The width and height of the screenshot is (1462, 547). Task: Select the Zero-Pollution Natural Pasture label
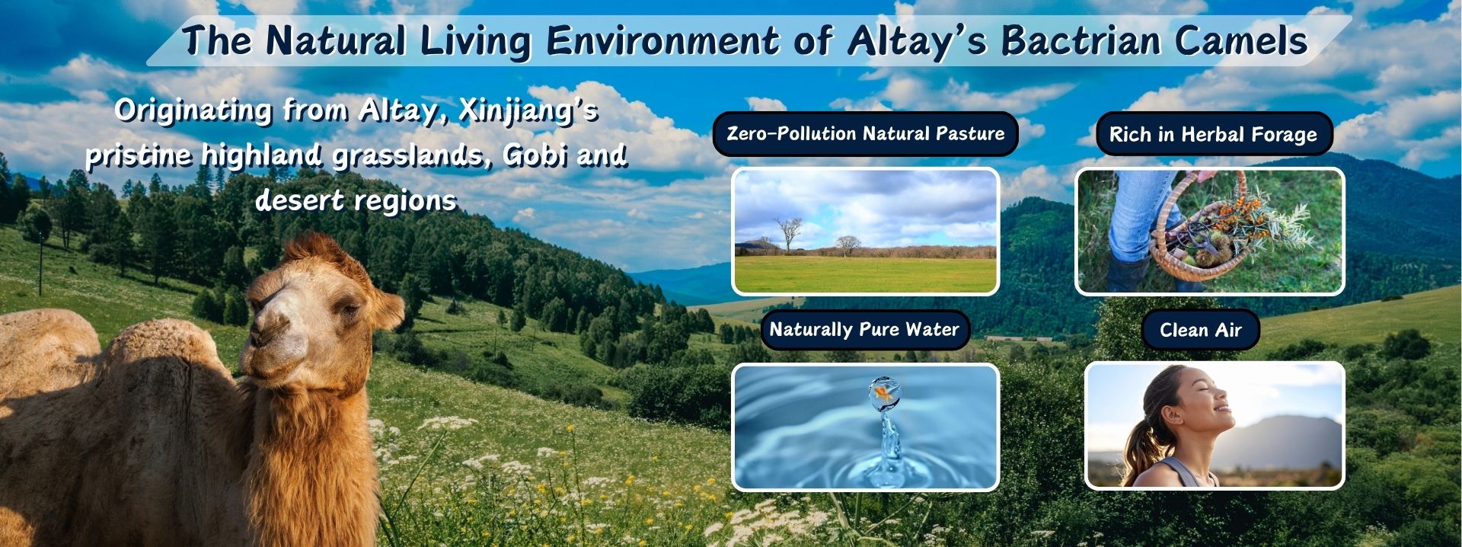pyautogui.click(x=865, y=134)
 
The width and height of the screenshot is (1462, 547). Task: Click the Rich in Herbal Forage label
pyautogui.click(x=1213, y=135)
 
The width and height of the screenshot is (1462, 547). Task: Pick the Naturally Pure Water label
pyautogui.click(x=864, y=330)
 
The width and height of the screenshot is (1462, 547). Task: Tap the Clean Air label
pyautogui.click(x=1200, y=330)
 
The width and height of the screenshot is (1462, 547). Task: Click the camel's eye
pyautogui.click(x=349, y=311)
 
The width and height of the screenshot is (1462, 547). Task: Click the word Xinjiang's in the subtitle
pyautogui.click(x=528, y=111)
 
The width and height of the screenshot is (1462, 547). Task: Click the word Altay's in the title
pyautogui.click(x=917, y=42)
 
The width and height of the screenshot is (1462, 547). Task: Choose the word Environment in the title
pyautogui.click(x=662, y=40)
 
